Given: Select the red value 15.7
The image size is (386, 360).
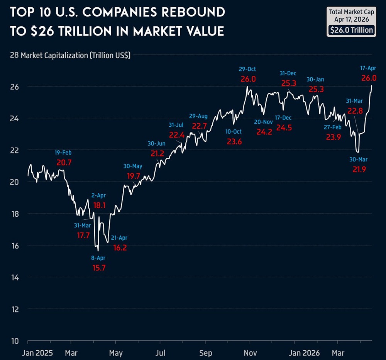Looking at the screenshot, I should tap(99, 268).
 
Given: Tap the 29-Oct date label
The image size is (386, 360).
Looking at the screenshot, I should tap(247, 69).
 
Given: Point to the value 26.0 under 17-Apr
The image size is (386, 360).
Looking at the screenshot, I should tap(368, 78).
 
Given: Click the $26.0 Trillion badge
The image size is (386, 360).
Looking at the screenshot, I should tap(351, 30).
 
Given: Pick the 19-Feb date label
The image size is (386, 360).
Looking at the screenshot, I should tap(64, 153).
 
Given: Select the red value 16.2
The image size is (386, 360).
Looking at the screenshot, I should tap(119, 248).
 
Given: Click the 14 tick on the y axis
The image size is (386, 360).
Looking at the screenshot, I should tap(14, 277).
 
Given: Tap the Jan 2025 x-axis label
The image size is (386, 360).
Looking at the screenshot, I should tap(37, 353).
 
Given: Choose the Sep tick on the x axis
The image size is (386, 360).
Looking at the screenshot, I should tap(205, 353).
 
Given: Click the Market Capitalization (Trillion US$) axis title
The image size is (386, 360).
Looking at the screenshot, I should tap(76, 55).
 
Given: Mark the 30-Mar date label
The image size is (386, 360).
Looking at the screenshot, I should tap(359, 159).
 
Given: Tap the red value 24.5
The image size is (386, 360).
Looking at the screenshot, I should tap(284, 127).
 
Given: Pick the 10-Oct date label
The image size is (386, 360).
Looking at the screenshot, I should tap(234, 132).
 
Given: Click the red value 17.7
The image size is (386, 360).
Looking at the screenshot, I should tap(83, 235).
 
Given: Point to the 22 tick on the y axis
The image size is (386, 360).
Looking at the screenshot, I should tap(14, 150).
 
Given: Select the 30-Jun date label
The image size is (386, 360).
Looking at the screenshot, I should tap(157, 143).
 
